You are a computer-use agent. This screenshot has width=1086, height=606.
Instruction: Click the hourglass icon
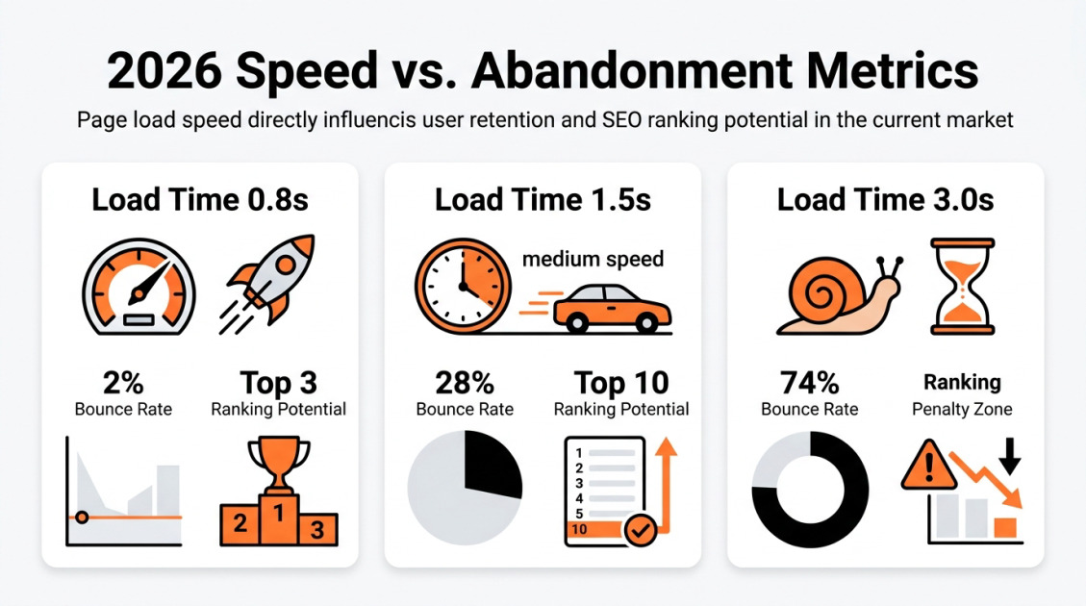click(x=961, y=287)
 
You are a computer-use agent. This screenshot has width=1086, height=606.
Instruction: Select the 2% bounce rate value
click(x=123, y=383)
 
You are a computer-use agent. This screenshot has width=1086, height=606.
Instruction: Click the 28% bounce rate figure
click(x=465, y=383)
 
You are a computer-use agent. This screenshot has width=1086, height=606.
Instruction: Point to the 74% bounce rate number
click(x=809, y=383)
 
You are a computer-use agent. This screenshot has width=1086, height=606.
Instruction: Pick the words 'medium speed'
click(x=592, y=259)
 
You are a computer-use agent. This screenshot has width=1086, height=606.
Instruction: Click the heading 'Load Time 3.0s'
click(x=885, y=200)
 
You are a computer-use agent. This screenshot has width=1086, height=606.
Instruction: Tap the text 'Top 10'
click(x=620, y=383)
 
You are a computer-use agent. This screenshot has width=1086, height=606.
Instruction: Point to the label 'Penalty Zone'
click(x=962, y=409)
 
